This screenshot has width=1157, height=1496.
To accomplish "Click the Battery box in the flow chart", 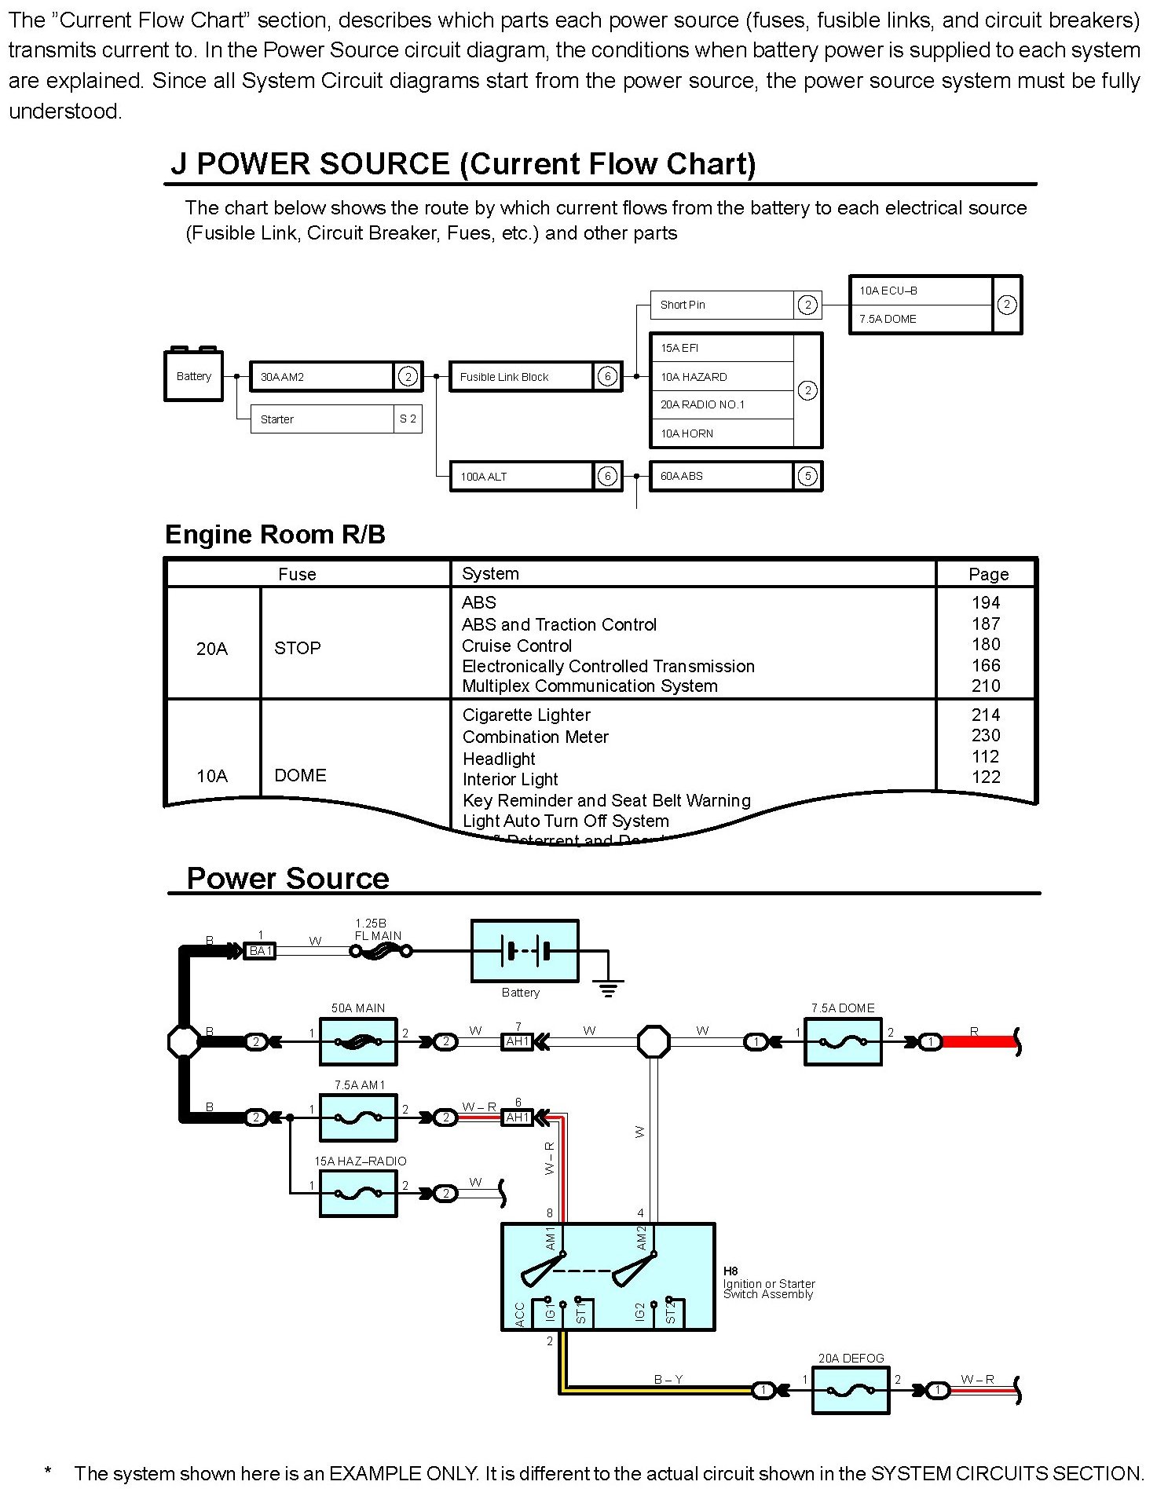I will (x=193, y=376).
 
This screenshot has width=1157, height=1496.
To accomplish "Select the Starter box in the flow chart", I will (x=322, y=419).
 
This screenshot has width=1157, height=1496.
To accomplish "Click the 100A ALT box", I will (x=520, y=477).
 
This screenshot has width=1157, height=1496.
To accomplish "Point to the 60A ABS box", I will (x=720, y=477).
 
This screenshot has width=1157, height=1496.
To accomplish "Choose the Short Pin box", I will (x=722, y=305).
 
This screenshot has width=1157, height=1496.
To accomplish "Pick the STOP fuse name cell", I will (x=298, y=648).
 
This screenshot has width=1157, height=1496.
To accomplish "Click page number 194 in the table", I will (x=986, y=602).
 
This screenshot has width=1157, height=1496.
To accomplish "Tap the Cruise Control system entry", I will (x=517, y=646).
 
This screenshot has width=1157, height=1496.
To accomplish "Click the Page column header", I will (x=988, y=574).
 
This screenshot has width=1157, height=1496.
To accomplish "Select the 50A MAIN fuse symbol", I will (x=358, y=1042).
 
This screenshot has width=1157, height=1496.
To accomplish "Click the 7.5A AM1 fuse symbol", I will (x=358, y=1117).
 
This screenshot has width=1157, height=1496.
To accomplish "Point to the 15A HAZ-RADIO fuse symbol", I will (x=358, y=1193).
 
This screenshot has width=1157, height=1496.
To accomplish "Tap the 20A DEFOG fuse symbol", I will (x=850, y=1391).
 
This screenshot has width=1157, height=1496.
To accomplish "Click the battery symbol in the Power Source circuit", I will (x=525, y=951).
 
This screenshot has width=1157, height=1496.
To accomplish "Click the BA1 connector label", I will (x=261, y=951).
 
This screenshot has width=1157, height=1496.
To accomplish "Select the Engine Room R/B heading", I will (x=275, y=535).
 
